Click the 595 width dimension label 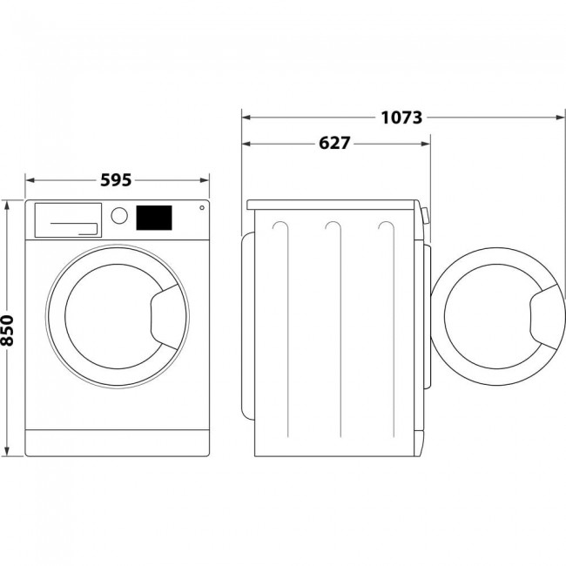tap(116, 180)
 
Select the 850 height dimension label tap(8, 330)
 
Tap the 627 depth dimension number tap(334, 144)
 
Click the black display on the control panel tap(153, 218)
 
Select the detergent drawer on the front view tap(67, 219)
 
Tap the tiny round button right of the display tap(202, 208)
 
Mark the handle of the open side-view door tap(543, 315)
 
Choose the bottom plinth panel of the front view tap(118, 442)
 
